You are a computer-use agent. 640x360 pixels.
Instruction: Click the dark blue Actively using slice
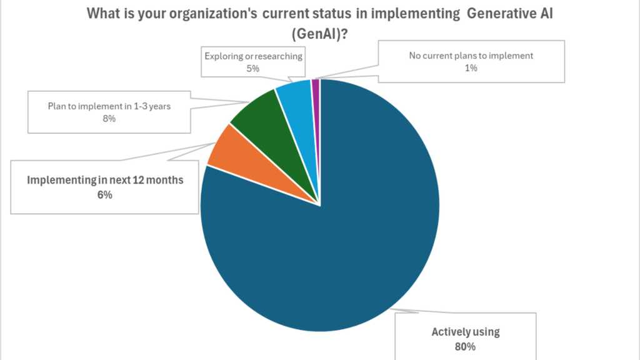(337, 250)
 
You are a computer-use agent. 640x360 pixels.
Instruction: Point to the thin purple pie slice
(316, 87)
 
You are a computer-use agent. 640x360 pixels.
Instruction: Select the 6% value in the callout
(104, 194)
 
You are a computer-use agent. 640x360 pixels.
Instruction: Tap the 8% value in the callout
(109, 118)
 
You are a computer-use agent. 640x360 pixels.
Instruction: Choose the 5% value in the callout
(253, 68)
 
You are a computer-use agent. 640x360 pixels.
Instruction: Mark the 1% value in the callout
(471, 67)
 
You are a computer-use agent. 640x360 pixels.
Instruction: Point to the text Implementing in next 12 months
(105, 181)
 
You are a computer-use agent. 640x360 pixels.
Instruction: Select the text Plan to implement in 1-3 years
(109, 106)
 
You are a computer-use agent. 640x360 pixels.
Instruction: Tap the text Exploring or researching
(253, 56)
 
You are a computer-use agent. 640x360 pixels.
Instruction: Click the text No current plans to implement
(471, 56)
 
